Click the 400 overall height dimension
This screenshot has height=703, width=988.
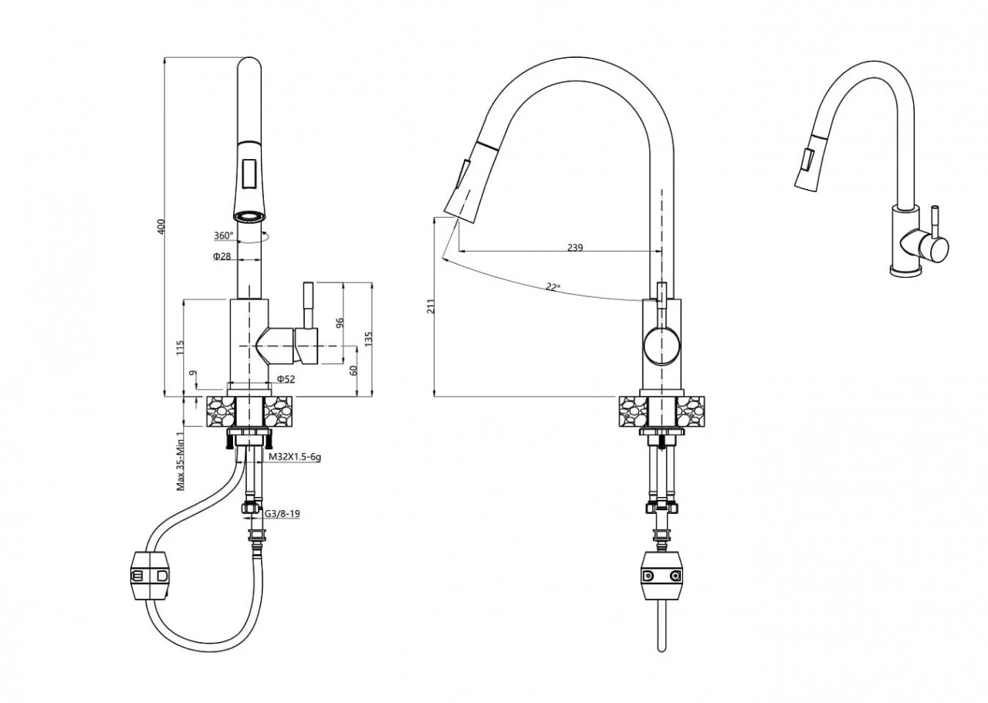tap(161, 226)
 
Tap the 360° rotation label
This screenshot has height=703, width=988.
tap(224, 236)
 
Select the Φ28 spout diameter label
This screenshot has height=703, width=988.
tap(222, 256)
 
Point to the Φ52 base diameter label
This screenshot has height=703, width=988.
tap(286, 379)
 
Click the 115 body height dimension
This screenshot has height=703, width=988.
tap(180, 348)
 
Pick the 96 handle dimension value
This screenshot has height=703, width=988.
tap(340, 323)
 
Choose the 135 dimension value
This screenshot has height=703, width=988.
tap(369, 339)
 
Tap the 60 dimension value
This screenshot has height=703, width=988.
tap(354, 370)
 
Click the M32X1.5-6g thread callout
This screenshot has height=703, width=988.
tap(295, 457)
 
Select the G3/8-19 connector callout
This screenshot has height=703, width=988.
tap(283, 513)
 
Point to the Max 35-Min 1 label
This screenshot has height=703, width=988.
tap(180, 461)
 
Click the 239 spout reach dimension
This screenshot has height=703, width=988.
tap(575, 248)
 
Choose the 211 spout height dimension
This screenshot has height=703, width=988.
tap(431, 306)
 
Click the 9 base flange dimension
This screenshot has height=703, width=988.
tap(193, 373)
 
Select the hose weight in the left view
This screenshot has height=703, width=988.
tap(150, 575)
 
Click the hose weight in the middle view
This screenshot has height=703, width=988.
tap(661, 576)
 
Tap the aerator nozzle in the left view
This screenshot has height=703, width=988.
tap(249, 217)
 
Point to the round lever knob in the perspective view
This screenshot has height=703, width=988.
tap(935, 249)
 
